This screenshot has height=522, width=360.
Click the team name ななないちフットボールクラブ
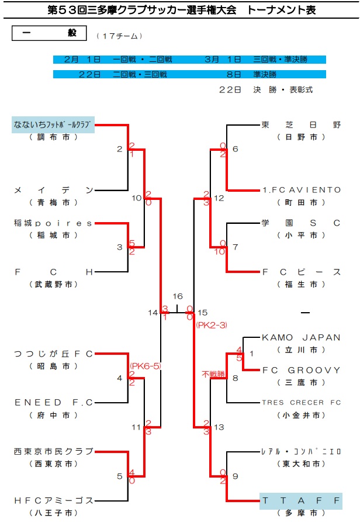[x=53, y=125]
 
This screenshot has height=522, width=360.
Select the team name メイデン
[x=53, y=190]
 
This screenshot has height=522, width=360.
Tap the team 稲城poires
[x=53, y=223]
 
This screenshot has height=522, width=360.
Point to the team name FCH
[x=53, y=271]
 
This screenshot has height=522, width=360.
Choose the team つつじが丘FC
[x=53, y=354]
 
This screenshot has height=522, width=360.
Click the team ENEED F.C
[x=53, y=402]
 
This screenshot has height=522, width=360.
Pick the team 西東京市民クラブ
[x=53, y=451]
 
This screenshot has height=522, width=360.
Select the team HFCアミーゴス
[x=53, y=500]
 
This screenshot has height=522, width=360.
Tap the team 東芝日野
[x=300, y=125]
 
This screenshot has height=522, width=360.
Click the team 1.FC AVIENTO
[x=300, y=190]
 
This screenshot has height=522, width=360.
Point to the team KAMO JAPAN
[x=300, y=337]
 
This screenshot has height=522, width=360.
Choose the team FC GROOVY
[x=300, y=370]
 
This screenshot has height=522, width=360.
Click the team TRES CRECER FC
[x=300, y=403]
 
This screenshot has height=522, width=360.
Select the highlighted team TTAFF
[x=300, y=500]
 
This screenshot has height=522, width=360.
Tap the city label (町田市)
[x=300, y=202]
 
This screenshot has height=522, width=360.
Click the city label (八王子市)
[x=53, y=513]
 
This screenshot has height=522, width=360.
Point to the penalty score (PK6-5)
[x=144, y=366]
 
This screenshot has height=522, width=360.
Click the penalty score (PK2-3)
[x=211, y=324]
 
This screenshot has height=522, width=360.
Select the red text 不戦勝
[x=213, y=374]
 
